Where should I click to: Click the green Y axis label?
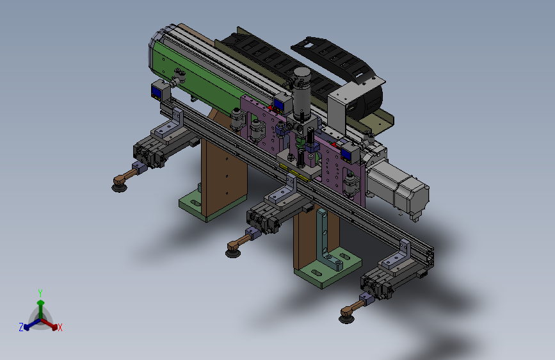click(40, 293)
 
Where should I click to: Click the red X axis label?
click(60, 327)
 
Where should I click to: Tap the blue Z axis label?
click(21, 327)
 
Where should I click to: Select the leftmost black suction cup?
click(119, 187)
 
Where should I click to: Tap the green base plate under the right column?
click(327, 268)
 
